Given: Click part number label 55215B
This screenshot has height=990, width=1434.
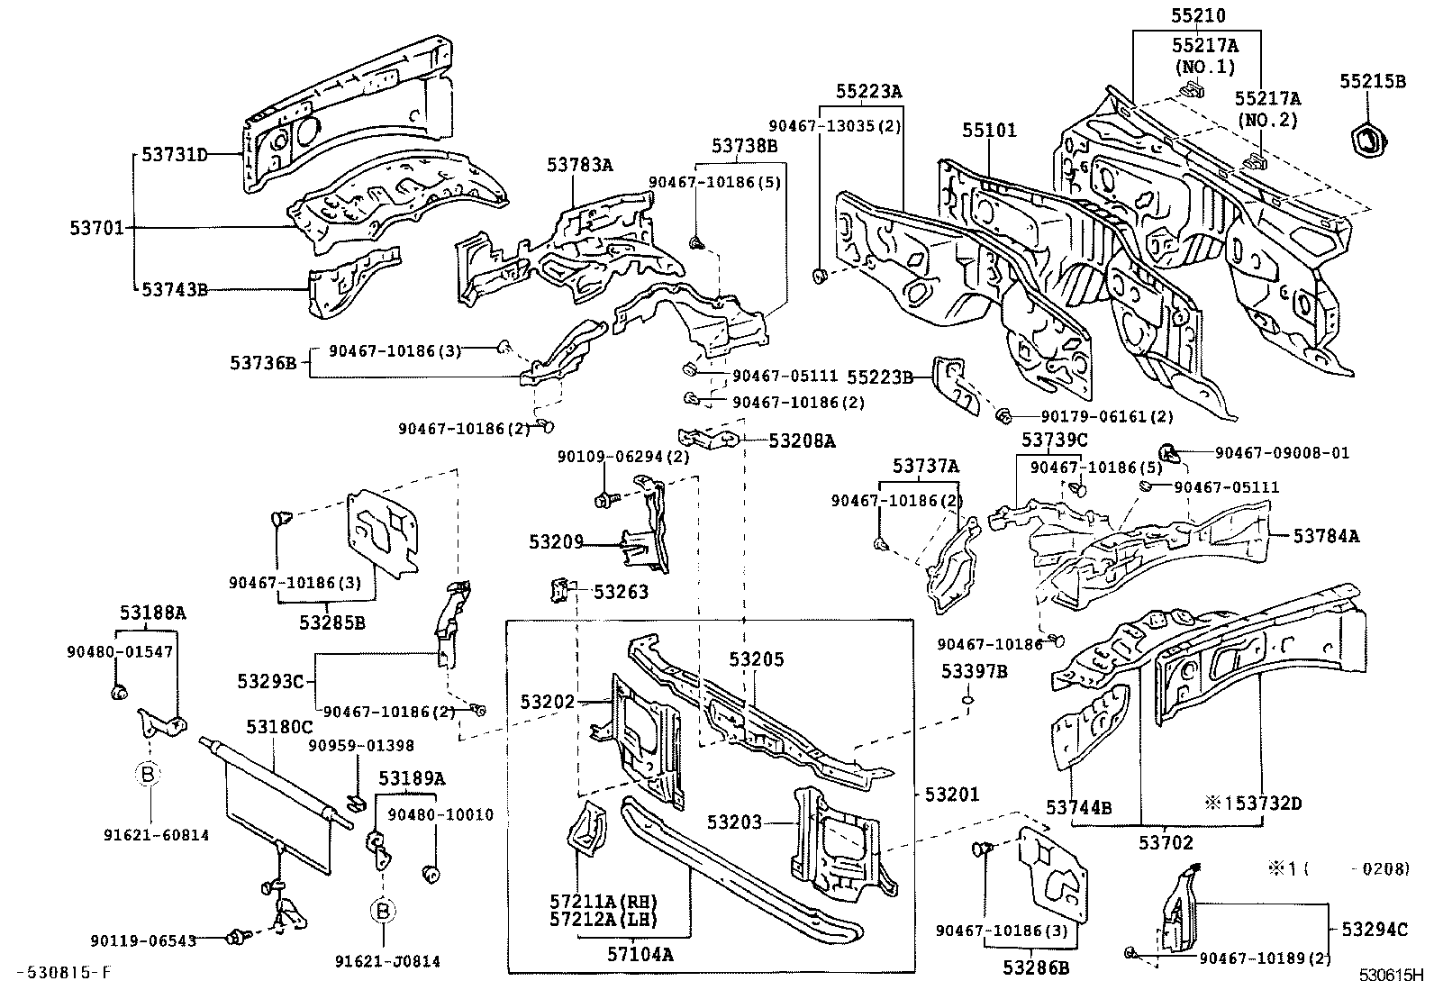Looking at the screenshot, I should [x=1372, y=81].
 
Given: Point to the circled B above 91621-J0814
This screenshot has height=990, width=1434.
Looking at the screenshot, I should [x=383, y=912].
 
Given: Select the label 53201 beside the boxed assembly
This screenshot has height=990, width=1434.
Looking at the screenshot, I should [x=952, y=795].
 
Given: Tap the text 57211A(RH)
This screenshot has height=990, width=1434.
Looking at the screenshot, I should [x=603, y=900].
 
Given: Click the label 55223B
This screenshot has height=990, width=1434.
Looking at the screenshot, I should [x=880, y=377].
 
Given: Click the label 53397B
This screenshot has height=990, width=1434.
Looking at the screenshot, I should [x=975, y=671].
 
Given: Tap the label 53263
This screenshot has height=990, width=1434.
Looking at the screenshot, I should [x=621, y=592].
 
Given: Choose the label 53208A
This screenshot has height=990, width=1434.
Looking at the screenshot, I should [x=802, y=441].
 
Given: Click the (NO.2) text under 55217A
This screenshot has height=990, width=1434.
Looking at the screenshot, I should [x=1267, y=120].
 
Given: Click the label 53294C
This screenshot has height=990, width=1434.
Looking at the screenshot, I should [x=1374, y=929].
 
